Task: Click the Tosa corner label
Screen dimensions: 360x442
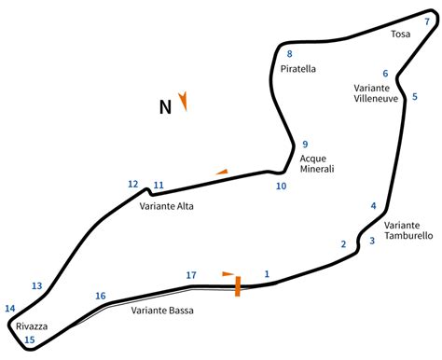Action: tap(401, 35)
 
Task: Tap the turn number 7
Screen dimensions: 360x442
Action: tap(427, 21)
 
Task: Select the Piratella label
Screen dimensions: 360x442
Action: tap(297, 68)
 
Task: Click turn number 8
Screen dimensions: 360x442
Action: tap(289, 54)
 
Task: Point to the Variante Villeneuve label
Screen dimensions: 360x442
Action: tap(377, 93)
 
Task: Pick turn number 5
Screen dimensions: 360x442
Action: tap(415, 96)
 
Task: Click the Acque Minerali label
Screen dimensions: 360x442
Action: tap(317, 163)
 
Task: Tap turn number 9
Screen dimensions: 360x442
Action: tap(305, 144)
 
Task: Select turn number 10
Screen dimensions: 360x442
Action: tap(281, 186)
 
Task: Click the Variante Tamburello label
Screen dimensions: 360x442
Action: tap(408, 230)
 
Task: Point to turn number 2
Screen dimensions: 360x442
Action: tap(343, 244)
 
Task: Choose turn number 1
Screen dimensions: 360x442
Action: tap(267, 273)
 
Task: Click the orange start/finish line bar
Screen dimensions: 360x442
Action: tap(238, 285)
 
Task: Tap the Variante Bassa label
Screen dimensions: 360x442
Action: tap(162, 311)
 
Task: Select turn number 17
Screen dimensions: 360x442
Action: tap(191, 275)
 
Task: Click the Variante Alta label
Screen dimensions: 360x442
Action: tap(173, 206)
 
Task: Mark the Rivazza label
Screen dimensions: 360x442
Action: tap(31, 325)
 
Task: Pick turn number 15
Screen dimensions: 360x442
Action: tap(29, 340)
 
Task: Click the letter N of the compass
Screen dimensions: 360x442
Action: tap(165, 106)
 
